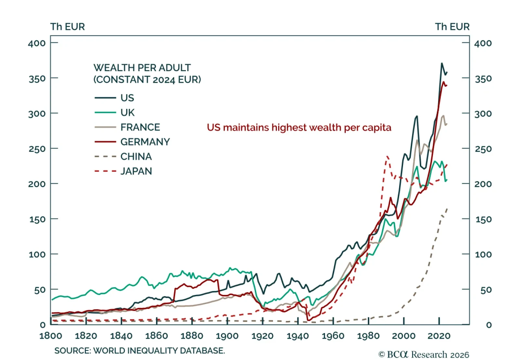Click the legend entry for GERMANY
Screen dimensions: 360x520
(145, 142)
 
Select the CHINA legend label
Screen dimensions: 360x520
(136, 156)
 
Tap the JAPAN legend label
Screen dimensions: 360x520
(136, 171)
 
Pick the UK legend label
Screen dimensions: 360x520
(127, 113)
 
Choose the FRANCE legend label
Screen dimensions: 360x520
(140, 127)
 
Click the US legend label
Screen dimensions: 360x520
(127, 98)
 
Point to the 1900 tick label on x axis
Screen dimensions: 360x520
(227, 336)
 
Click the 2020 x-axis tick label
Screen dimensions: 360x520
(439, 336)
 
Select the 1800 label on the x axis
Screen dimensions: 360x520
(51, 336)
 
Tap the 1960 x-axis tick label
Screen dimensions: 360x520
(333, 336)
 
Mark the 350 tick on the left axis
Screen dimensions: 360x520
(37, 79)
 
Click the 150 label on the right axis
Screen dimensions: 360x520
(484, 220)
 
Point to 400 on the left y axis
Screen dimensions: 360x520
(37, 43)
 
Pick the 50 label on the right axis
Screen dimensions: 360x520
(486, 290)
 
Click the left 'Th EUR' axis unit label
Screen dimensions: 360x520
(68, 27)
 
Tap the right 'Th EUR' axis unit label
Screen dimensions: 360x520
(452, 27)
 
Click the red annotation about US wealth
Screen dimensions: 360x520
(299, 127)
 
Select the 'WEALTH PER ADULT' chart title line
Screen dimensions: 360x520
(142, 68)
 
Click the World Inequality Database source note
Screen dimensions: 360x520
(139, 351)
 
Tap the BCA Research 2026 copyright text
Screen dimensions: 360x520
(424, 354)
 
